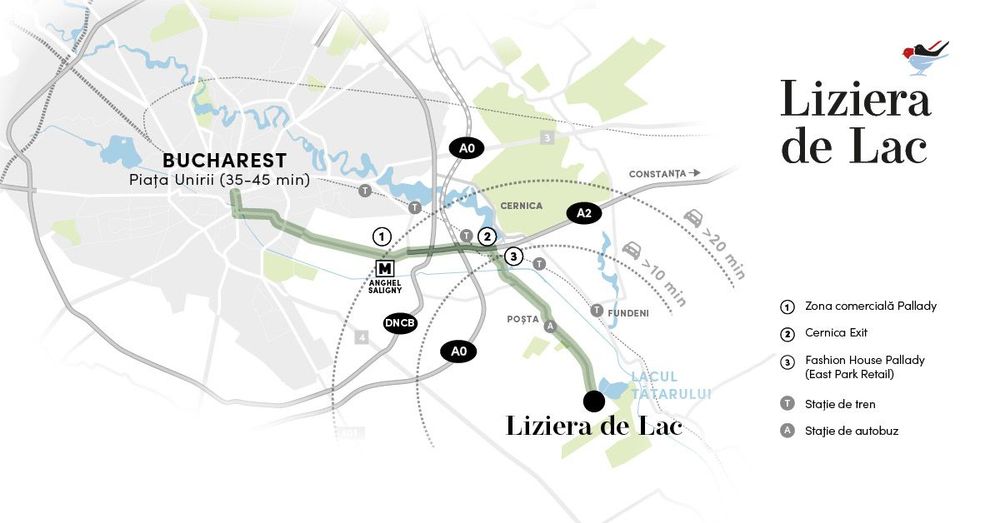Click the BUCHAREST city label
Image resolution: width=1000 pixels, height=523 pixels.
224,160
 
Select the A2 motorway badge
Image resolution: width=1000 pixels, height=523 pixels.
585,212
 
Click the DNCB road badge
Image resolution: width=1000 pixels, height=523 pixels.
399,323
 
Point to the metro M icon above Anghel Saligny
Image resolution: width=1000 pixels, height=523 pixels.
385,269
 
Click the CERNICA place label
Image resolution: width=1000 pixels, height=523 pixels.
520,206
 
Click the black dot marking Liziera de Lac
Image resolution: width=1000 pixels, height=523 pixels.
593,401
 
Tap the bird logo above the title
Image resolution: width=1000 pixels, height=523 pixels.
924,56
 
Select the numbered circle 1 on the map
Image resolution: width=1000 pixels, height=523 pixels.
381,237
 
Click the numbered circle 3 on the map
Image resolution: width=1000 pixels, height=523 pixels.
513,257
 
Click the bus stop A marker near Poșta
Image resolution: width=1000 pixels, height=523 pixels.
548,326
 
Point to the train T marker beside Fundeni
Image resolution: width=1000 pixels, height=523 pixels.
597,311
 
